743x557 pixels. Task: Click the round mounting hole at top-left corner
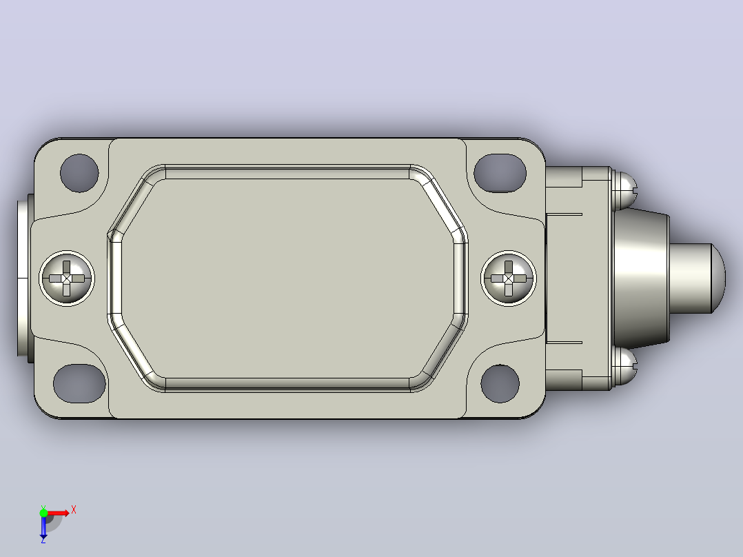[x=80, y=173]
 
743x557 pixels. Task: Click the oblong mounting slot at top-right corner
[x=500, y=173]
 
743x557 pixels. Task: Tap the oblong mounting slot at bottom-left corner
[x=80, y=383]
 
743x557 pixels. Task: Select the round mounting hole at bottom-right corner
[x=500, y=383]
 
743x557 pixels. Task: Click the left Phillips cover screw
[x=67, y=278]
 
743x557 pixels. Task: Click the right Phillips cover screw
[x=509, y=278]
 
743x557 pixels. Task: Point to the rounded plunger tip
[x=697, y=278]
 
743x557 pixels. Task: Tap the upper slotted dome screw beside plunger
[x=624, y=190]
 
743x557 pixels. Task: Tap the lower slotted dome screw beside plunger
[x=624, y=367]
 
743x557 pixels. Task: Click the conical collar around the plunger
[x=641, y=278]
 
